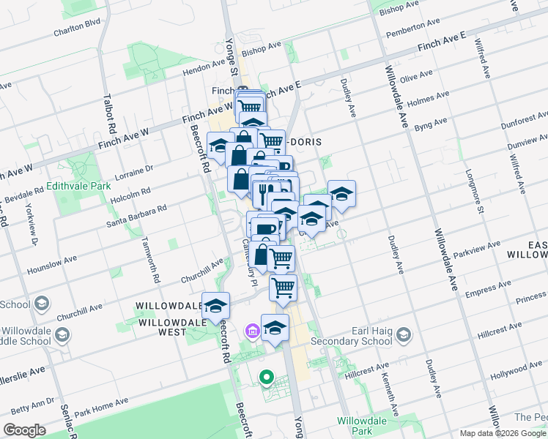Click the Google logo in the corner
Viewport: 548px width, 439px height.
24,430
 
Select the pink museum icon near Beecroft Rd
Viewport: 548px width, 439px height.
253,333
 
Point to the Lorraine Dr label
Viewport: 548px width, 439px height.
133,170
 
